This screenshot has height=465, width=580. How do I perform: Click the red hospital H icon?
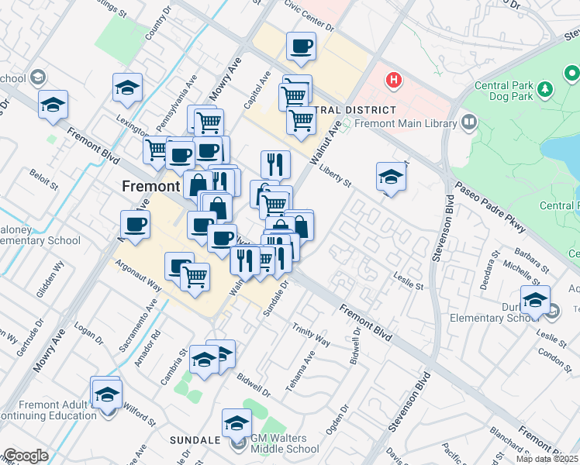click(x=395, y=80)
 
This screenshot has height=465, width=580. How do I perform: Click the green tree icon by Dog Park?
click(x=545, y=90)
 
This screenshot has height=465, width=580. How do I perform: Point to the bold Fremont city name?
click(x=150, y=187)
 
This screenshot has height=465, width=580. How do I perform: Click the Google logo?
click(x=25, y=456)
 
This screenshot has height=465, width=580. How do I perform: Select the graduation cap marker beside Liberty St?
click(x=391, y=177)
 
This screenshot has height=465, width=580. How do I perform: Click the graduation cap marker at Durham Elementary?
click(x=535, y=300)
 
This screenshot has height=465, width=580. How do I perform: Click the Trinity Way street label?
click(x=312, y=336)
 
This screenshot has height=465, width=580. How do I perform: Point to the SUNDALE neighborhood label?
click(x=195, y=440)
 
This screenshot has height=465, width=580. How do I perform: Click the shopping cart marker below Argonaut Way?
click(x=195, y=276)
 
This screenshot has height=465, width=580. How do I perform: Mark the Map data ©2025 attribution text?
click(x=547, y=459)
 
